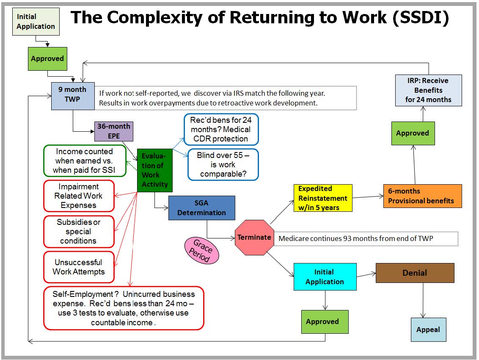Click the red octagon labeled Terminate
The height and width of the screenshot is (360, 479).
[x=254, y=237]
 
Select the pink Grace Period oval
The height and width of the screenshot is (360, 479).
[x=201, y=250]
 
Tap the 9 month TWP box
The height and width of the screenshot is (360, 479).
[x=73, y=96]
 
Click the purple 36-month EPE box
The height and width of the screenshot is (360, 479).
[x=114, y=131]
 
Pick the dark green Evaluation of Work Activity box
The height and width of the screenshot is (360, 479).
[x=154, y=170]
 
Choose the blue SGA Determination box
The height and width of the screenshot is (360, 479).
[x=201, y=208]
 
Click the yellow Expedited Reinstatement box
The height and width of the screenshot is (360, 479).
[x=323, y=198]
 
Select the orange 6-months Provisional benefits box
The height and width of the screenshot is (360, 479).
[x=422, y=196]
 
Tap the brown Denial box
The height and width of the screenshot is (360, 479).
[x=415, y=273]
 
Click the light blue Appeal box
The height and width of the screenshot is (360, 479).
[x=428, y=330]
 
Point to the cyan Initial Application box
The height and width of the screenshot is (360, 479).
[x=325, y=277]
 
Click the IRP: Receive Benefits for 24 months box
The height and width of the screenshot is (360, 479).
[x=428, y=90]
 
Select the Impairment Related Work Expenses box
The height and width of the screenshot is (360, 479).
[x=79, y=196]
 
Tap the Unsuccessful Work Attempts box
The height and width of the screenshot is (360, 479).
[x=79, y=267]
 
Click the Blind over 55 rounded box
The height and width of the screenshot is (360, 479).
[x=223, y=165]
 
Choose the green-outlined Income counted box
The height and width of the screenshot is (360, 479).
[x=85, y=161]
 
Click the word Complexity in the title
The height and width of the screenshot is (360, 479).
[x=155, y=17]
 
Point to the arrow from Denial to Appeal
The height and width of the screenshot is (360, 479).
[x=423, y=300]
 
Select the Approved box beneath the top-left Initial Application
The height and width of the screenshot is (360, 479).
[x=47, y=59]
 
